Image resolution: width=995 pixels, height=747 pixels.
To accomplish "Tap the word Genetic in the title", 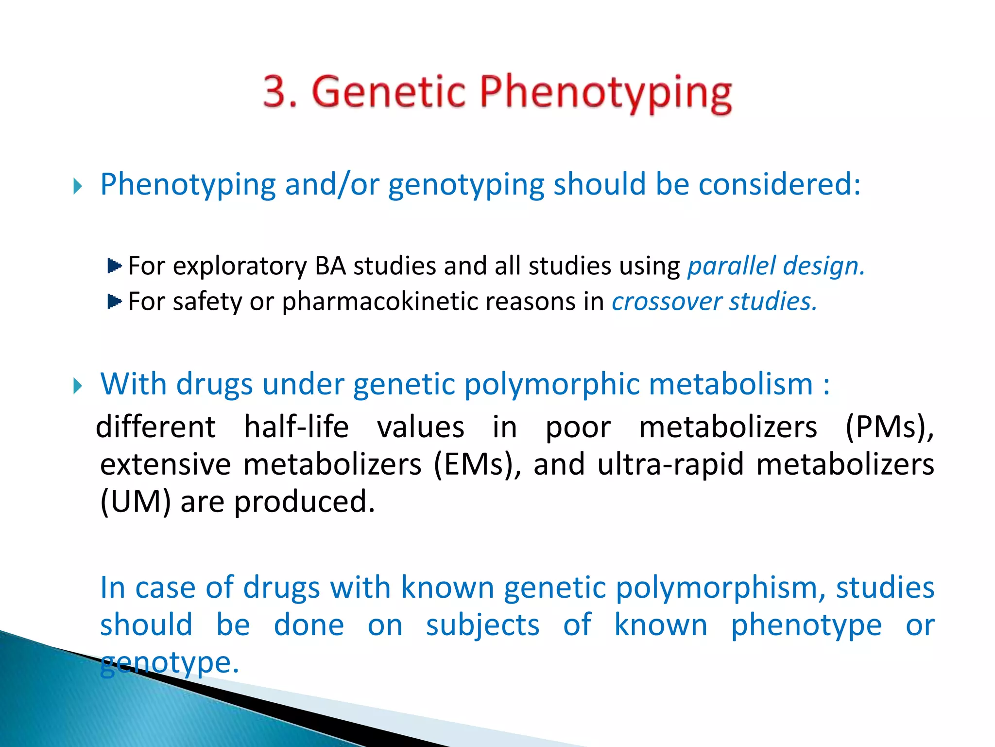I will pyautogui.click(x=389, y=91).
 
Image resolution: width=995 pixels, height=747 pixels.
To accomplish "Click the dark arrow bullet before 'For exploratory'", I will pyautogui.click(x=114, y=266).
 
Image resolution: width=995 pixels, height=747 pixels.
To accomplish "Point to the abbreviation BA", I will pyautogui.click(x=330, y=266).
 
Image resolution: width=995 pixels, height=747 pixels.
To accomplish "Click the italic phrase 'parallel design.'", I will pyautogui.click(x=776, y=266).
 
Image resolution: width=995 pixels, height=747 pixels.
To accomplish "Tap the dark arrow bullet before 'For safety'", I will pyautogui.click(x=114, y=302).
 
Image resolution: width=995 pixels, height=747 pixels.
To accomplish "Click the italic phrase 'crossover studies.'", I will pyautogui.click(x=714, y=302).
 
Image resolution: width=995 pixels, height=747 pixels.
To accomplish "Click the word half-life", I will pyautogui.click(x=296, y=427).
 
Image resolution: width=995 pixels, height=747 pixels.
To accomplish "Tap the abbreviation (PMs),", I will pyautogui.click(x=889, y=427).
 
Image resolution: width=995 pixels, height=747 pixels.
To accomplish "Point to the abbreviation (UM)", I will pyautogui.click(x=136, y=502).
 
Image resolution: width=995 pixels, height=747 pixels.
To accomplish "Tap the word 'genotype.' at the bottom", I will pyautogui.click(x=170, y=662).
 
